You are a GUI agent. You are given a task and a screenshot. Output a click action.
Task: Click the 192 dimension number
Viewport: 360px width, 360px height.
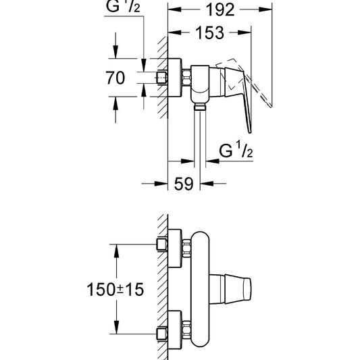click(220, 10)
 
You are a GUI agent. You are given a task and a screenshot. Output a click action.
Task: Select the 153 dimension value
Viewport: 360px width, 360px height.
click(209, 33)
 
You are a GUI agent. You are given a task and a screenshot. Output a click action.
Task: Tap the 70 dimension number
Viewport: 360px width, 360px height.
click(115, 78)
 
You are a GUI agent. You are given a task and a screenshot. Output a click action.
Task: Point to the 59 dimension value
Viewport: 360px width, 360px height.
click(184, 184)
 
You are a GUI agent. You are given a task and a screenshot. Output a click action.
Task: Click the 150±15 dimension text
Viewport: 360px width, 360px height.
click(115, 289)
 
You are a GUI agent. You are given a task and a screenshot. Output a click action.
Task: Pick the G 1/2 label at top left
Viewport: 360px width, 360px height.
click(123, 7)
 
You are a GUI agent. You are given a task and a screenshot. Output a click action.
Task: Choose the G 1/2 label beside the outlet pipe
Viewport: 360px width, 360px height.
click(236, 150)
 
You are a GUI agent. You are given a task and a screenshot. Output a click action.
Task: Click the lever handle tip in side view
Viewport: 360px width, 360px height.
click(250, 131)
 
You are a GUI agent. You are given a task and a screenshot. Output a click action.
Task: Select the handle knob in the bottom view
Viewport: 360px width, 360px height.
click(238, 289)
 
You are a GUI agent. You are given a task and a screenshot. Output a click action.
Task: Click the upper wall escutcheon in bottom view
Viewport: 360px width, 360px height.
click(175, 249)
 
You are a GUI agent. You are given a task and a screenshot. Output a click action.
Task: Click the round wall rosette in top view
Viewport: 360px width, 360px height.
click(175, 78)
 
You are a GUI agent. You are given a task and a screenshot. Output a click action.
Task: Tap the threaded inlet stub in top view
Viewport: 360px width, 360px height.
click(161, 78)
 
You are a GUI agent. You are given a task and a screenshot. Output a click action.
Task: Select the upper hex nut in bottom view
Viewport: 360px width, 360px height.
click(186, 249)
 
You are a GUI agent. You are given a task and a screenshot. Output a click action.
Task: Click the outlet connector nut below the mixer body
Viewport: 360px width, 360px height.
click(200, 107)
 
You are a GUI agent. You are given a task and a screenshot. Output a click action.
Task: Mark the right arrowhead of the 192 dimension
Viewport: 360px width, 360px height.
click(265, 9)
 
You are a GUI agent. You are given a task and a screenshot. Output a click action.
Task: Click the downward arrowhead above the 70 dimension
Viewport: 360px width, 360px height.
click(115, 52)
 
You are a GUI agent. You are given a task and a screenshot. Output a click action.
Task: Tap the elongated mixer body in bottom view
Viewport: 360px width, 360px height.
click(200, 289)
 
